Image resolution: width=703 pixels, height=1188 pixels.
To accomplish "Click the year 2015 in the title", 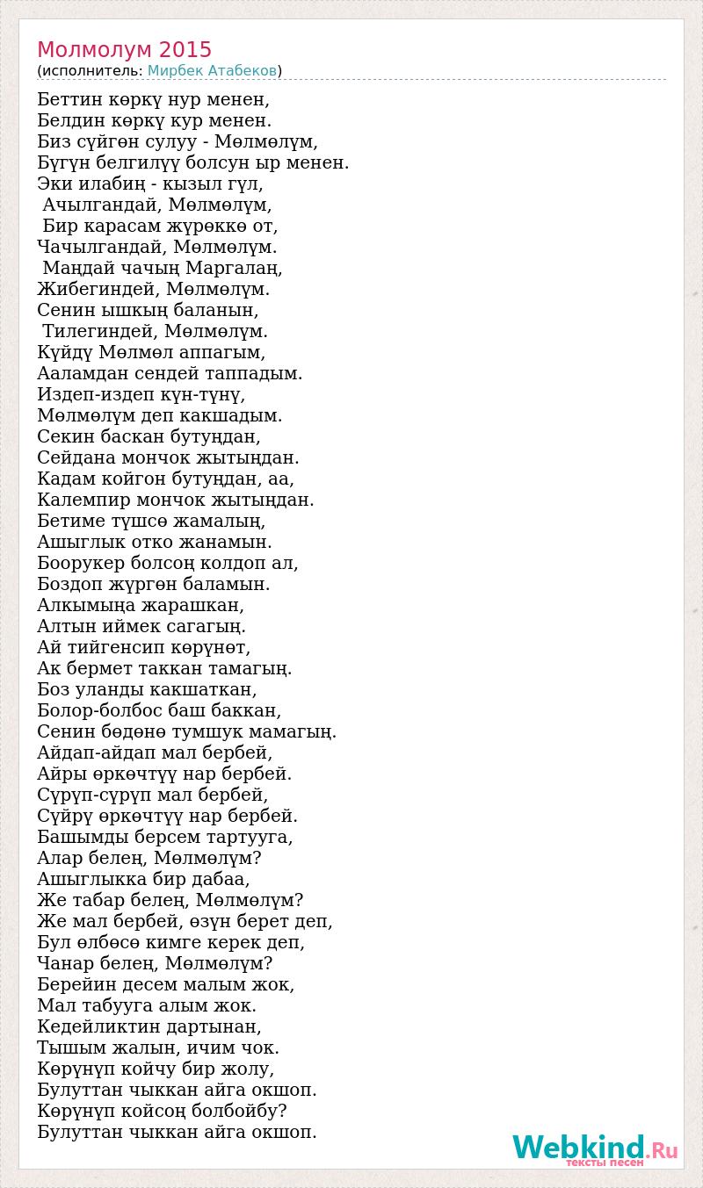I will click(x=186, y=49).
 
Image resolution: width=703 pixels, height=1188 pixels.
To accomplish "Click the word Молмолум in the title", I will click(x=95, y=49).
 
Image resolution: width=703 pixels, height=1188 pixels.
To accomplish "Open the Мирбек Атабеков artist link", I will click(x=212, y=70).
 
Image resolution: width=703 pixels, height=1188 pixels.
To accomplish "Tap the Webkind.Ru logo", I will click(x=594, y=1148).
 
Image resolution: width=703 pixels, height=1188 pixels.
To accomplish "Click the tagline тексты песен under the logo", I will click(x=605, y=1163).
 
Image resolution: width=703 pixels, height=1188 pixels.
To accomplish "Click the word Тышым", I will click(x=68, y=1048).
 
